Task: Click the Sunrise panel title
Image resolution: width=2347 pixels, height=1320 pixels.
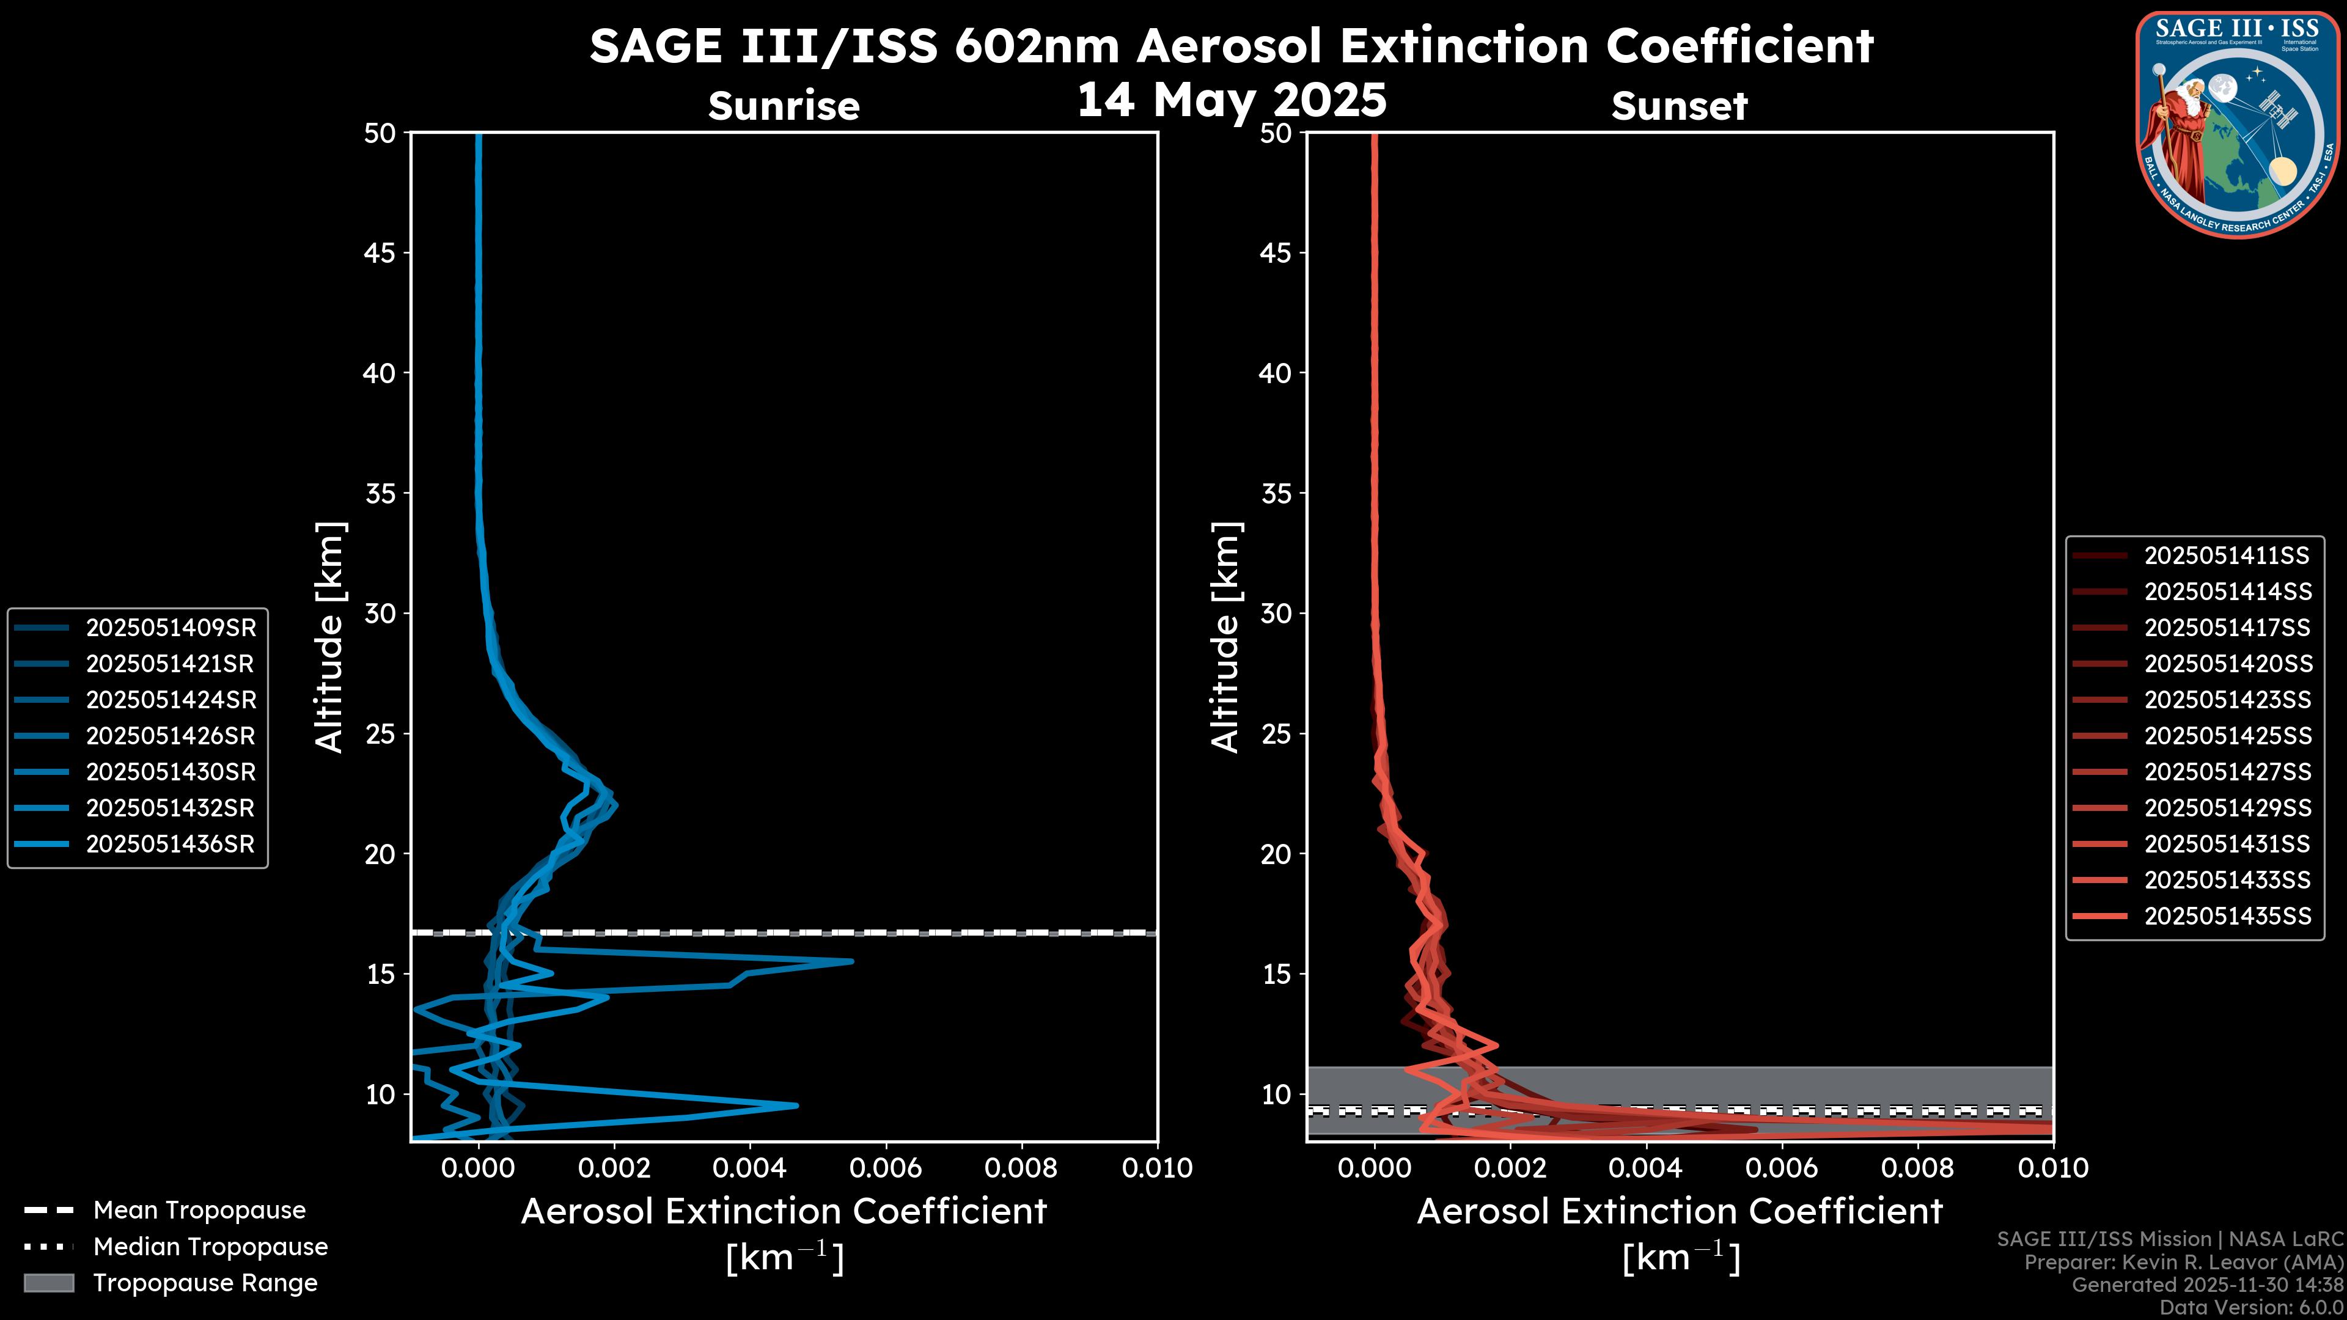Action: pos(784,106)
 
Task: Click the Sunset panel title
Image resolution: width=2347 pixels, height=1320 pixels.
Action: pos(1679,106)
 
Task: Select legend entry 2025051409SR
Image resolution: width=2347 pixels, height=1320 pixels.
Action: pos(171,628)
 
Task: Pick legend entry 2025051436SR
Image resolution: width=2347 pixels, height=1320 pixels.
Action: pos(171,845)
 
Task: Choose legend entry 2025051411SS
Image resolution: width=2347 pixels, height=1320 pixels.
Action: pos(2227,555)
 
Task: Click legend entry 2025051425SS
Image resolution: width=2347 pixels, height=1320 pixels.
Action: pos(2227,736)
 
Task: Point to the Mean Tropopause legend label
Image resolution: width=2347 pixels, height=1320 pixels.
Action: pos(199,1210)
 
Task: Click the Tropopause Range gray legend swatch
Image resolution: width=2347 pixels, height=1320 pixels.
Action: pos(49,1283)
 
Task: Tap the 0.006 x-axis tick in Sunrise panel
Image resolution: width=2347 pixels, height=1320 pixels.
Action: pos(886,1168)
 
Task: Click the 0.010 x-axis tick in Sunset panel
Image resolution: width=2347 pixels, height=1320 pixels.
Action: pos(2053,1168)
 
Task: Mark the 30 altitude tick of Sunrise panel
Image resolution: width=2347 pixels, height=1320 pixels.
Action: pos(381,613)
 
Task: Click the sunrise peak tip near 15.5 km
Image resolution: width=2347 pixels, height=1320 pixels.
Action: pos(852,961)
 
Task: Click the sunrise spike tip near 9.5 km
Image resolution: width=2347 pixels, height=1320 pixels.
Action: pos(796,1106)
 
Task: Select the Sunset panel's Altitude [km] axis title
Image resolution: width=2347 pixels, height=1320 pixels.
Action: pos(1225,637)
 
